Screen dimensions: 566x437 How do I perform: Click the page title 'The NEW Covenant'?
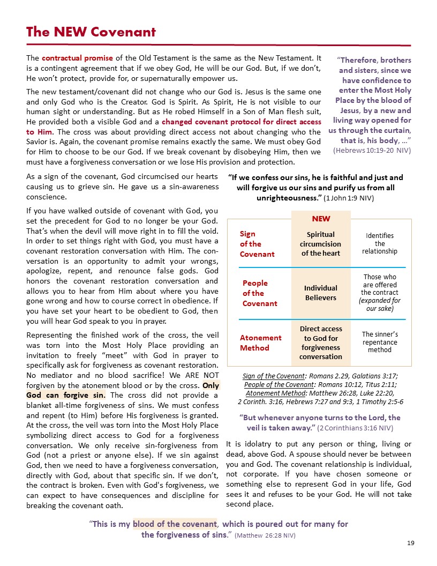[x=91, y=32]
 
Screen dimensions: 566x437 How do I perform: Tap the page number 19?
[x=411, y=543]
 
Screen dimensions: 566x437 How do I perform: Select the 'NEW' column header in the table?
[x=321, y=219]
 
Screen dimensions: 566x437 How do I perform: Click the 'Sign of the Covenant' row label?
[x=257, y=243]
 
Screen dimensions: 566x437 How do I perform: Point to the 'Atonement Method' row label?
[x=260, y=342]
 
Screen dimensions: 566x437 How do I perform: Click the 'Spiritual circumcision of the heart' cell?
[x=321, y=243]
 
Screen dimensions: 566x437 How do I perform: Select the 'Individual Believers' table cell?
[x=321, y=293]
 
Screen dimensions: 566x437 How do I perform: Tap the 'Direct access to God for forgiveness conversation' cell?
[x=321, y=342]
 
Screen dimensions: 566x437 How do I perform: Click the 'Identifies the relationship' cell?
[x=380, y=243]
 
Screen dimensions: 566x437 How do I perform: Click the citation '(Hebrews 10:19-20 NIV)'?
[x=372, y=151]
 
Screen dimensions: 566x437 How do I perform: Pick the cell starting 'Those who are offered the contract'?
[x=380, y=293]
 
